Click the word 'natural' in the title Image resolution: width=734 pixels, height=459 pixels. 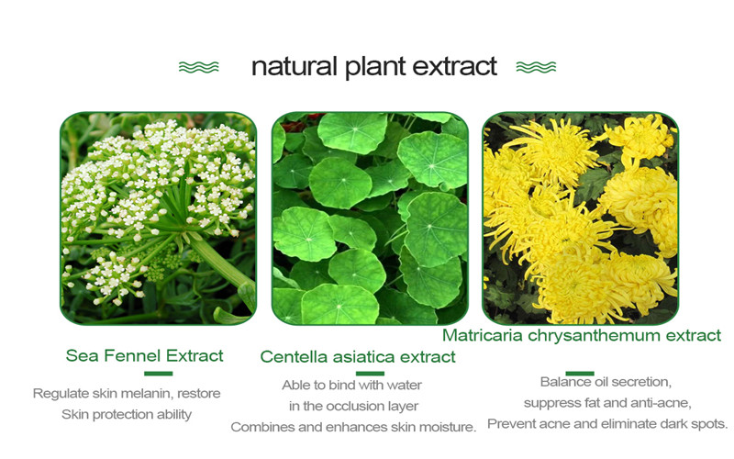click(x=295, y=66)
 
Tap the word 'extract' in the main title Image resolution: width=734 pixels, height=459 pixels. click(x=454, y=66)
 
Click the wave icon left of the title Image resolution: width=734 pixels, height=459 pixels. click(x=198, y=67)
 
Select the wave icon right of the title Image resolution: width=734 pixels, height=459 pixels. click(x=536, y=67)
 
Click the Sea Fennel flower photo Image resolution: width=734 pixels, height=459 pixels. click(x=159, y=218)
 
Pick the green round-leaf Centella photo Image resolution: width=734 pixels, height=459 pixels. click(x=370, y=218)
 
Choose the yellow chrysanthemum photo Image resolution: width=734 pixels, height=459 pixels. click(x=581, y=218)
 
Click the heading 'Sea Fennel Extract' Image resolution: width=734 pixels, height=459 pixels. click(x=144, y=355)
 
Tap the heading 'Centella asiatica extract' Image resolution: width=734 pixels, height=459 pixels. click(x=358, y=357)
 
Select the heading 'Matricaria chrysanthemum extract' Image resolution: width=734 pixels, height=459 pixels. click(x=582, y=335)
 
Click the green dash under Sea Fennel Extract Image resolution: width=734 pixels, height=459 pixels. click(x=158, y=374)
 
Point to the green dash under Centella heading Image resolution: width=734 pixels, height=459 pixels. click(x=370, y=374)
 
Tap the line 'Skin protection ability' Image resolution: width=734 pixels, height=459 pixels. click(x=127, y=415)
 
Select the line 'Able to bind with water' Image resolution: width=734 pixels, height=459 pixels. click(x=351, y=385)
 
